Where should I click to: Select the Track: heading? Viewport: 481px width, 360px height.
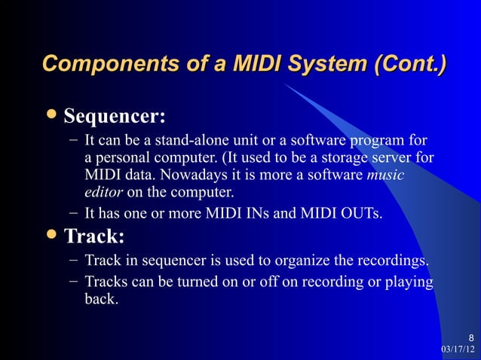(x=94, y=237)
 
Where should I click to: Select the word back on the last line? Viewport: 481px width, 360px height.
(x=100, y=299)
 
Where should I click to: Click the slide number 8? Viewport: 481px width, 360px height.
(x=471, y=337)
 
